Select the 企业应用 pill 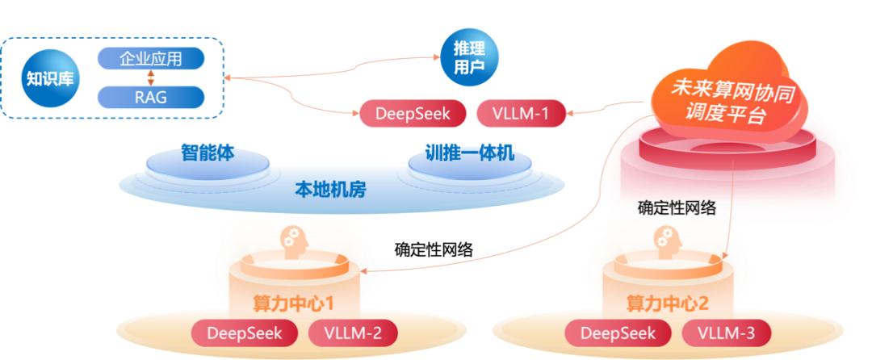[x=151, y=58]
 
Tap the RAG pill [x=151, y=97]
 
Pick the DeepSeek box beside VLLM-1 [x=412, y=114]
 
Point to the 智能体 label [x=208, y=153]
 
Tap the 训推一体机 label [x=469, y=153]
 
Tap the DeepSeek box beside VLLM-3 [x=618, y=332]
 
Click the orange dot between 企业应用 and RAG [x=150, y=77]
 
